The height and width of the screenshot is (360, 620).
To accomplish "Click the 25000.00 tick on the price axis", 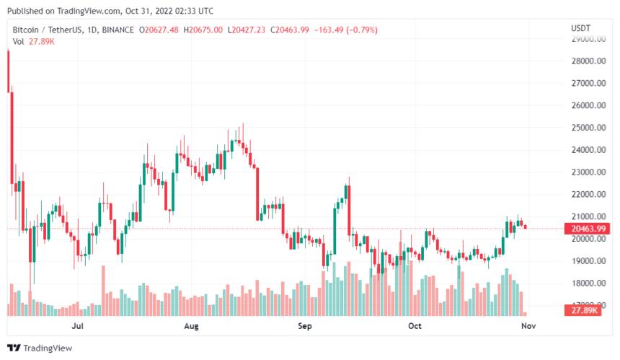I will click(587, 128).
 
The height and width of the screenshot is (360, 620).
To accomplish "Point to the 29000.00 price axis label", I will click(587, 39).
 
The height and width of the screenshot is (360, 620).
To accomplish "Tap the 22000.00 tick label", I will click(587, 195).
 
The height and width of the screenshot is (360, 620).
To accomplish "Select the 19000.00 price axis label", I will click(587, 261).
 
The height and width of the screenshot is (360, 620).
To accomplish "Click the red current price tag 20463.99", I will click(587, 229).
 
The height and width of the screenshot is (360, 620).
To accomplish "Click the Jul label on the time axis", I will click(79, 326).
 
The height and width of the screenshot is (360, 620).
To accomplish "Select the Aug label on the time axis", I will click(191, 326).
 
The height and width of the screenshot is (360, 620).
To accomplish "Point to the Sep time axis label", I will click(304, 326).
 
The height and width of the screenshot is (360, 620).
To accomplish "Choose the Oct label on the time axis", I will click(415, 326).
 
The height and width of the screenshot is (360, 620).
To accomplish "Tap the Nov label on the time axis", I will click(528, 326).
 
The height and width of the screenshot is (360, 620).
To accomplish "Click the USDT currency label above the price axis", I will click(581, 27).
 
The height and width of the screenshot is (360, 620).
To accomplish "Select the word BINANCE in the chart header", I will click(117, 30).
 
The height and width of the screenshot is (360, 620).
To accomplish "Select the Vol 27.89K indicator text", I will click(33, 41).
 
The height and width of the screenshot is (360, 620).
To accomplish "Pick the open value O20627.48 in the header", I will click(159, 30).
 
